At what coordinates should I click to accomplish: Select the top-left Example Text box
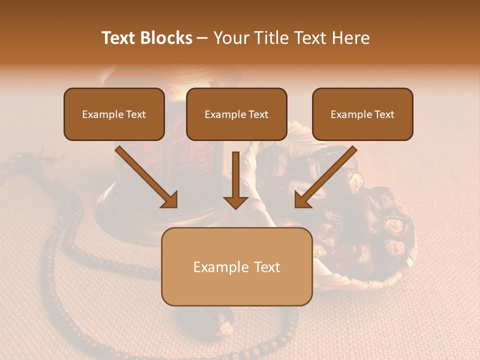coord(114,114)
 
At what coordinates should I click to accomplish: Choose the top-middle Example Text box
coord(236,114)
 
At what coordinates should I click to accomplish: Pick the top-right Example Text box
coord(362,114)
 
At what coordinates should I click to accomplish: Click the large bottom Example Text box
coord(236,266)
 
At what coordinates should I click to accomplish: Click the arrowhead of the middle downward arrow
coord(235,201)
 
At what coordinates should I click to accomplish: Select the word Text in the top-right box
coord(384,114)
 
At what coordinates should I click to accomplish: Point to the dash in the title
coord(202,38)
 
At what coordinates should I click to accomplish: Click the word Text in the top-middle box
coord(258,114)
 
